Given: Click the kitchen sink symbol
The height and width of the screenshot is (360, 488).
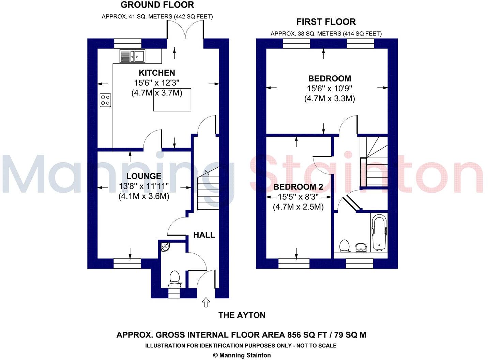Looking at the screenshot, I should click(x=132, y=56).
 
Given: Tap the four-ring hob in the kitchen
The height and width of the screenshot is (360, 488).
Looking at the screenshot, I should click(x=105, y=100).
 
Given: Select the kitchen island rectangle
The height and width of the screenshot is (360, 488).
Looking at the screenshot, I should click(x=172, y=100).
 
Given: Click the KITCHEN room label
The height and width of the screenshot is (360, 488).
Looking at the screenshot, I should click(x=157, y=73).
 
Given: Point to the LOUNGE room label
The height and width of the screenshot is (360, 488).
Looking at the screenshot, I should click(x=144, y=176).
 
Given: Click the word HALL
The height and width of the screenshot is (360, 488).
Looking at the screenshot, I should click(x=204, y=235).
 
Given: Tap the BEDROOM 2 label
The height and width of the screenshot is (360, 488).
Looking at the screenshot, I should click(x=298, y=187).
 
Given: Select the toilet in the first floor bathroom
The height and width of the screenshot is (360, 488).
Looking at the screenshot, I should click(x=345, y=246).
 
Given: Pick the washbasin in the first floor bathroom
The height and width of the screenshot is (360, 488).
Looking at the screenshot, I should click(x=361, y=247).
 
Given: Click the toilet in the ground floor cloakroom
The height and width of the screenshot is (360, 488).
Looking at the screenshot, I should click(x=175, y=278).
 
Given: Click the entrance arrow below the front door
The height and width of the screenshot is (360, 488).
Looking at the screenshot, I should click(x=206, y=302).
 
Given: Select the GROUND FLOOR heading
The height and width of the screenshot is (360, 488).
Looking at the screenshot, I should click(x=157, y=5).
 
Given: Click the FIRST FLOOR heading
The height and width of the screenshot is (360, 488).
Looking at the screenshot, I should click(x=326, y=22).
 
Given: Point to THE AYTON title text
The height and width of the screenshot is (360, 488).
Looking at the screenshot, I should click(x=242, y=315).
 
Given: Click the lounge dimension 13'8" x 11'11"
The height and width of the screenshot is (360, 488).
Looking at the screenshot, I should click(x=144, y=186).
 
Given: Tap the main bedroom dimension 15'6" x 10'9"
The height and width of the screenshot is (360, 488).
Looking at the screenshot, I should click(x=329, y=89).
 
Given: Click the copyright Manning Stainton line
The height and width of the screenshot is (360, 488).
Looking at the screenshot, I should click(x=242, y=355).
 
